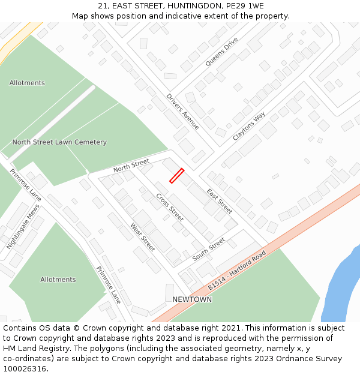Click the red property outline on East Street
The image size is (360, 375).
176,175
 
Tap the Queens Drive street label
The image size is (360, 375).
221,52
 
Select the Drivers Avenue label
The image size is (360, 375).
182,111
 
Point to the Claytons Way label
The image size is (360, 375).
248,126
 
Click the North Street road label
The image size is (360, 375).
131,166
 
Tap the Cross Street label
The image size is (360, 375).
170,207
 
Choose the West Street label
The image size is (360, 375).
143,237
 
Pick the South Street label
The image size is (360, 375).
209,249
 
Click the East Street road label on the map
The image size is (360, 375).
219,201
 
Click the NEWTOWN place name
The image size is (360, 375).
192,299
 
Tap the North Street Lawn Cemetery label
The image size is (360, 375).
59,142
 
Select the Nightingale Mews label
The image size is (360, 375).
23,227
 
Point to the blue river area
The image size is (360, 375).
342,282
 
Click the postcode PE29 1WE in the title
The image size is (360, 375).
247,5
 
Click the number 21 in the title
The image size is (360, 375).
102,5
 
